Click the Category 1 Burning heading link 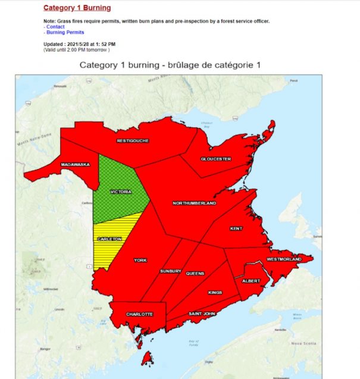click(77, 8)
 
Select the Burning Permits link click(65, 32)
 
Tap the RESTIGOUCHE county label click(132, 141)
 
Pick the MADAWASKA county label click(75, 164)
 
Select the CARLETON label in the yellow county click(109, 239)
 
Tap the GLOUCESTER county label click(215, 159)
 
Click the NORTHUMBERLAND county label click(194, 203)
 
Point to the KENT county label click(236, 228)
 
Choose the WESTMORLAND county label click(285, 259)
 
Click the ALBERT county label click(251, 281)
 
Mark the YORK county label click(140, 261)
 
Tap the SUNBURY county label click(170, 271)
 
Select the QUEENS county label click(195, 273)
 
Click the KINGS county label click(215, 293)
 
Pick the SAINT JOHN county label click(201, 314)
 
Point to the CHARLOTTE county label click(139, 314)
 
